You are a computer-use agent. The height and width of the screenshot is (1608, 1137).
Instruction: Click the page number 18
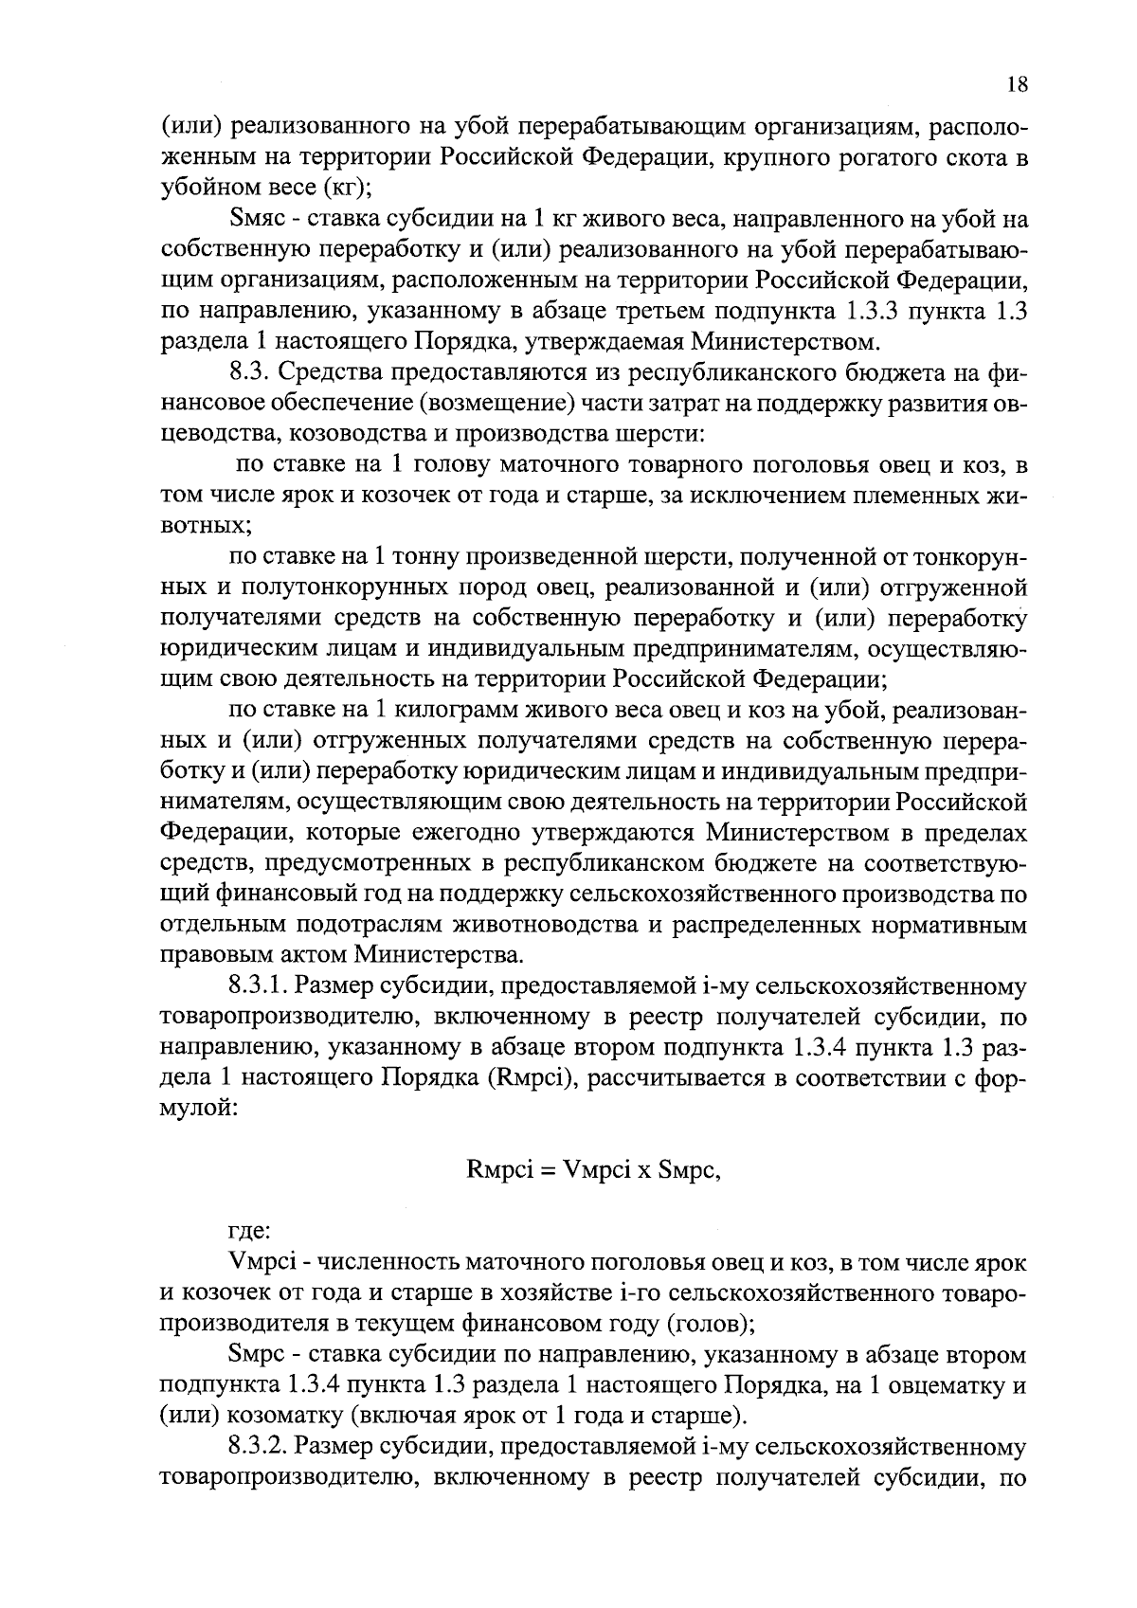1016,85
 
